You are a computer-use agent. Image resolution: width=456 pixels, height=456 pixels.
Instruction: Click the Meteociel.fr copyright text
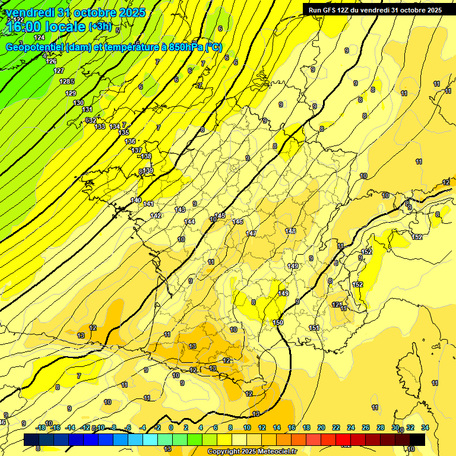point(252,452)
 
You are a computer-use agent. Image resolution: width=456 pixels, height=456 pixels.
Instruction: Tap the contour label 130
point(78,103)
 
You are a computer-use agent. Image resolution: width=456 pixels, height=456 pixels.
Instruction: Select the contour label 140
point(137,201)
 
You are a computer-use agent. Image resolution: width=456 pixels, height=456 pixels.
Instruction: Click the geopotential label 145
point(220,216)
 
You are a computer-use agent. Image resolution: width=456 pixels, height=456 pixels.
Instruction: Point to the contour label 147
point(251,233)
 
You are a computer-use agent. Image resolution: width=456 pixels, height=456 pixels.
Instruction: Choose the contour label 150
point(278,322)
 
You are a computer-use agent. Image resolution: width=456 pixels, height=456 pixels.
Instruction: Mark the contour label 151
point(314,328)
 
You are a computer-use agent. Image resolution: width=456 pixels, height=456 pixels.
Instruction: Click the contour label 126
point(52,62)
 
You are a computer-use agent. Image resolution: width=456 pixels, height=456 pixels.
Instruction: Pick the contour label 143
point(180,210)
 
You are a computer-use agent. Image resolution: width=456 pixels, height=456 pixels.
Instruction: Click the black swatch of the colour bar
point(417,439)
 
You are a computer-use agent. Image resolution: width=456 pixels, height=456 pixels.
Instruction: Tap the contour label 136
point(131,141)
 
